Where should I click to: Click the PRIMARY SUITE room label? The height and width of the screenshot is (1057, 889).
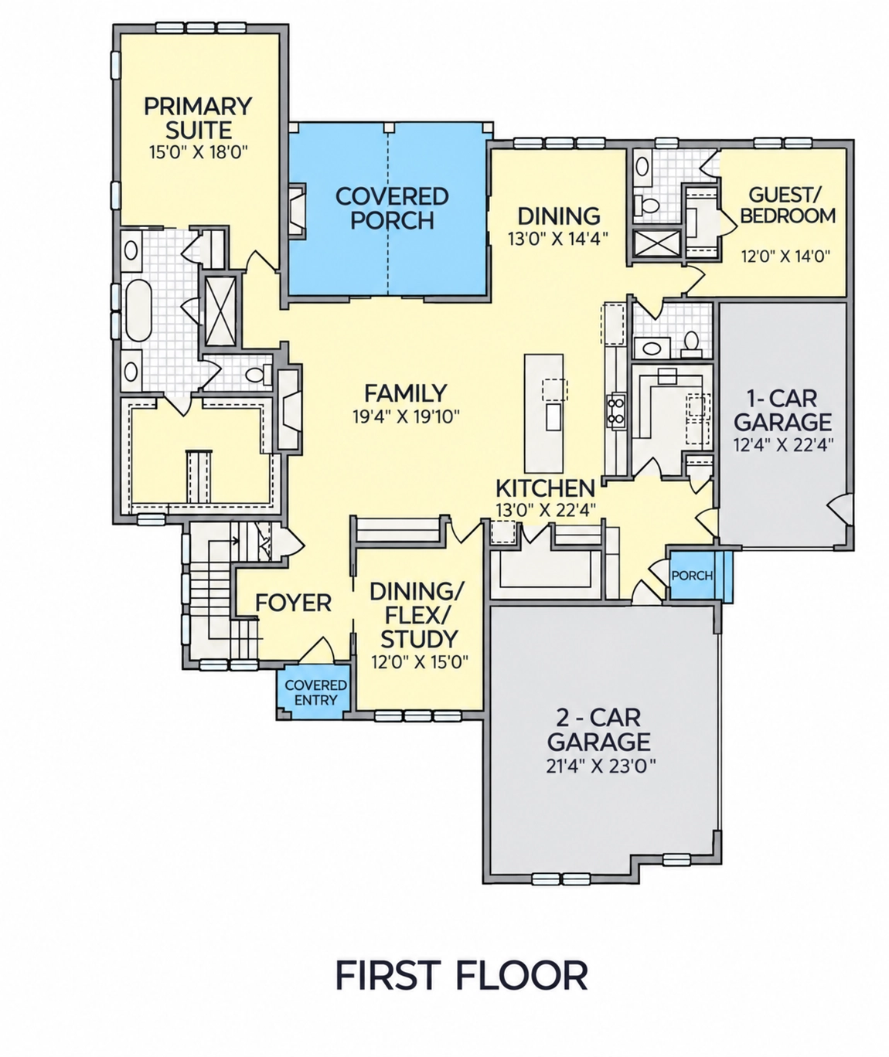coord(198,118)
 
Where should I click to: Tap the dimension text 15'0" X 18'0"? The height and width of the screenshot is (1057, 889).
coord(198,152)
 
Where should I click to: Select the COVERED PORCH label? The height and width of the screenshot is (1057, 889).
coord(392,208)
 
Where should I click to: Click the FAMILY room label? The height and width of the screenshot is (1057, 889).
coord(405,393)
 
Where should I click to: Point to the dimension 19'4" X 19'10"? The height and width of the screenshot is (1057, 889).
coord(406,416)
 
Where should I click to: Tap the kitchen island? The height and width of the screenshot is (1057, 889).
coord(544,413)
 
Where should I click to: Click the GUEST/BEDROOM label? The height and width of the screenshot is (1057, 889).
coord(787,205)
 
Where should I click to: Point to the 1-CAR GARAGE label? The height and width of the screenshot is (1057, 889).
coord(782,410)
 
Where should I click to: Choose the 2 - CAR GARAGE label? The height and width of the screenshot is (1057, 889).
coord(599,729)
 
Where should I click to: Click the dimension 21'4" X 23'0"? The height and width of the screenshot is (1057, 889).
coord(601,766)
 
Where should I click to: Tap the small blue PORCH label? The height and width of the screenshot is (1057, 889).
coord(692,576)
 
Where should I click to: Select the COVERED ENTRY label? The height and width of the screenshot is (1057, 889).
coord(315,692)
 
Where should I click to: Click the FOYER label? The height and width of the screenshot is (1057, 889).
coord(293,603)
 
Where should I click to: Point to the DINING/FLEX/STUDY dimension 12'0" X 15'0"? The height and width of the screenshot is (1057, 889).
coord(420,661)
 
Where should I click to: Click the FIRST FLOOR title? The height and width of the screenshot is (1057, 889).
coord(462,976)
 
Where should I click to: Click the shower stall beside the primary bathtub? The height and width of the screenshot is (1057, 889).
coord(221,311)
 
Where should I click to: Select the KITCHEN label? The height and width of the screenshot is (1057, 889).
coord(545,488)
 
